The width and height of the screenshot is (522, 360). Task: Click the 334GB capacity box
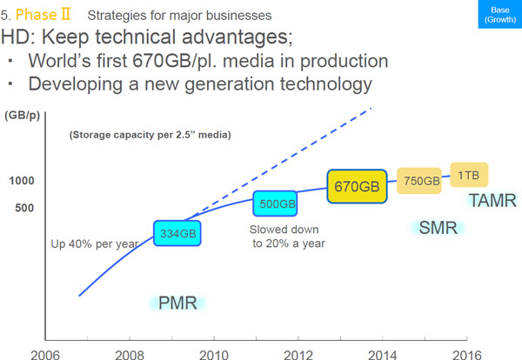[x=177, y=233]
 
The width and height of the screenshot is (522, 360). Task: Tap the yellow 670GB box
[x=357, y=186]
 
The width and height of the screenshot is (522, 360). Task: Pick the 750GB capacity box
[x=422, y=181]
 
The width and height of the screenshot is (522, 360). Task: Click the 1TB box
[x=470, y=174]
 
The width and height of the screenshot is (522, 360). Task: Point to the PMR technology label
[x=177, y=303]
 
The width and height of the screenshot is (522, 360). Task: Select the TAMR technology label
[x=492, y=201]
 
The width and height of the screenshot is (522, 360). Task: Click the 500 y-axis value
[x=23, y=208]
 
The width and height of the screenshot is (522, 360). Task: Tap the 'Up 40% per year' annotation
[x=95, y=243]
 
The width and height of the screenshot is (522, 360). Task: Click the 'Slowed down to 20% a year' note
[x=287, y=236]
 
